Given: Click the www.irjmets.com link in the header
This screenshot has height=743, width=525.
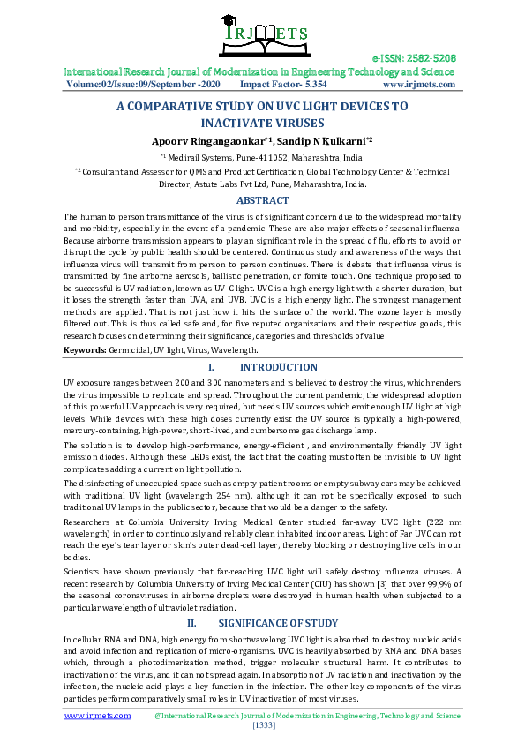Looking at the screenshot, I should (419, 85).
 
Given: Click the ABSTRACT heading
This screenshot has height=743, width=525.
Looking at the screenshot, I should (262, 201).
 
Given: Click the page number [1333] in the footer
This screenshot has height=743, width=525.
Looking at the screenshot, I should (262, 725).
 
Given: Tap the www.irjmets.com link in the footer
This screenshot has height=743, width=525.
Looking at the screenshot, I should (92, 716).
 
